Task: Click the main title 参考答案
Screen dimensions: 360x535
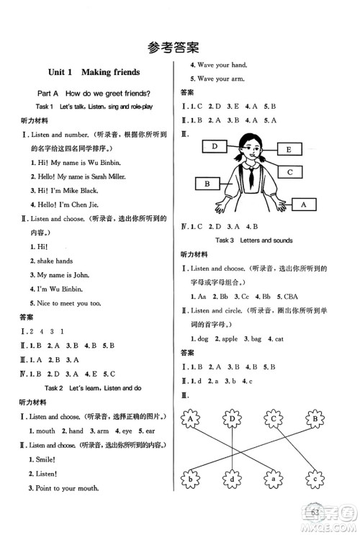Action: point(180,48)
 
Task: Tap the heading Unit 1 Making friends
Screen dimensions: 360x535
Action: point(94,73)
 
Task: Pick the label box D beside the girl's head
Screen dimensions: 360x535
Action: point(215,147)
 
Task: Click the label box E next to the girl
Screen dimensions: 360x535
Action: point(288,150)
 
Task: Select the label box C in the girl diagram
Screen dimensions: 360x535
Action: point(289,172)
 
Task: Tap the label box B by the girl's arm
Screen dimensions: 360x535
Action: point(207,184)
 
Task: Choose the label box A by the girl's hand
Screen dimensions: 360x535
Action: point(302,205)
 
